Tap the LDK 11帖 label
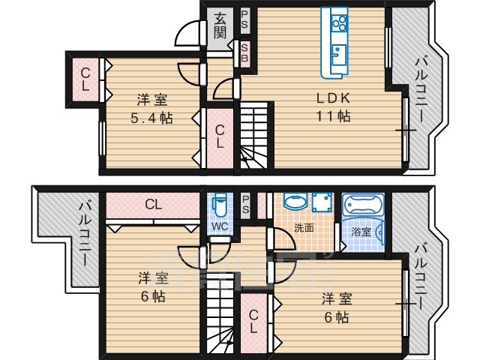[333, 107]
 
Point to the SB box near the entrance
[244, 53]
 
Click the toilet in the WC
[219, 205]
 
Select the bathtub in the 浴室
[363, 207]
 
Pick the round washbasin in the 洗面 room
[294, 202]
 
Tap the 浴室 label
[361, 232]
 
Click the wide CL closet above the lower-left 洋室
[154, 203]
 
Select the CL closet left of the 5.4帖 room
[85, 79]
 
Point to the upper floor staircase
[253, 135]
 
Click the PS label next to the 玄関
[244, 21]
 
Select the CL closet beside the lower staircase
[253, 322]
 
